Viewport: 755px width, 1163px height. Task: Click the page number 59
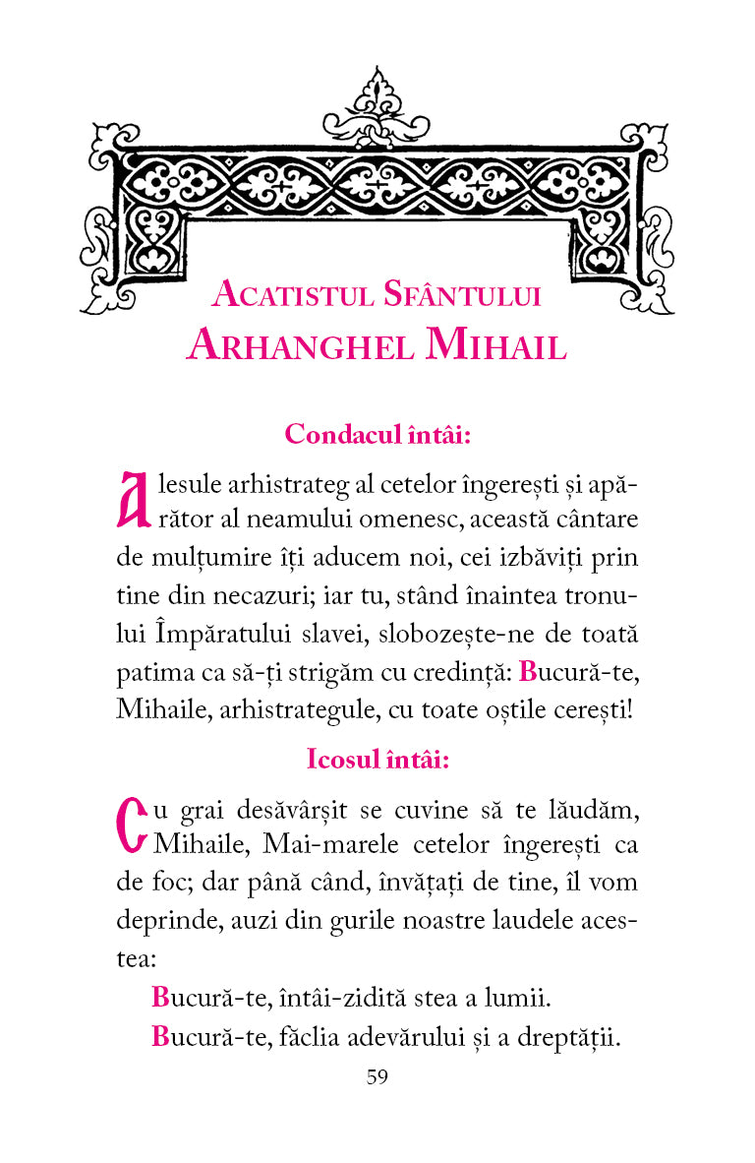pyautogui.click(x=377, y=1076)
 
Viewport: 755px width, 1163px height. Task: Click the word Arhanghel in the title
pyautogui.click(x=300, y=344)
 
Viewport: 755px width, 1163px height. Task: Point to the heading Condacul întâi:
pyautogui.click(x=377, y=435)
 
